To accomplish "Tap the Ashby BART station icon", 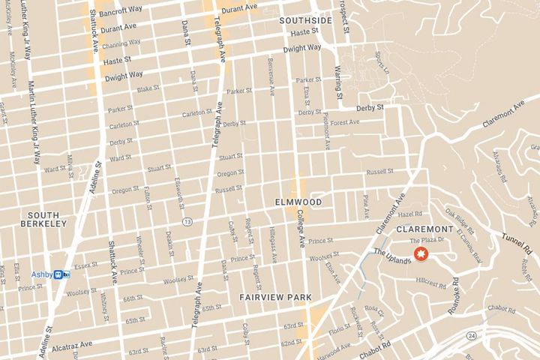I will [62, 274].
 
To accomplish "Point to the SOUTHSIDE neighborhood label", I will [304, 20].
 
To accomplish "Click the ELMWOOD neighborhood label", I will [298, 202].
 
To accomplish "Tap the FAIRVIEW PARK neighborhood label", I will [275, 297].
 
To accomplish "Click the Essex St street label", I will [86, 265].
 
